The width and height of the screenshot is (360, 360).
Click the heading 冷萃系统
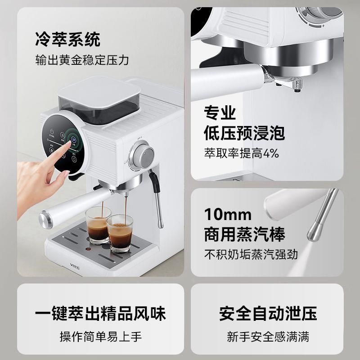point(68,39)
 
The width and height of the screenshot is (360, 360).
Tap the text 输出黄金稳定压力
point(82,60)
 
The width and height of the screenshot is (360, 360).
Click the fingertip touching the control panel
point(70,144)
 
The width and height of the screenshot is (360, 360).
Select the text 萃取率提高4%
point(242,153)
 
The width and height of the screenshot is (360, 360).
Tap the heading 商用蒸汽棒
point(244,234)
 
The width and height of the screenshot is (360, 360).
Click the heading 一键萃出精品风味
point(100,313)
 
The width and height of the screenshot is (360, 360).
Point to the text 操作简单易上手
point(100,336)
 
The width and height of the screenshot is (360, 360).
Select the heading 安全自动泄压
point(268,313)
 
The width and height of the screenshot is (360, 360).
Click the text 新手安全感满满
point(268,336)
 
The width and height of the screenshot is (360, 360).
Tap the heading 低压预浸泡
point(244,134)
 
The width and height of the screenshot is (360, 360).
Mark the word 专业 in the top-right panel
point(220,112)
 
